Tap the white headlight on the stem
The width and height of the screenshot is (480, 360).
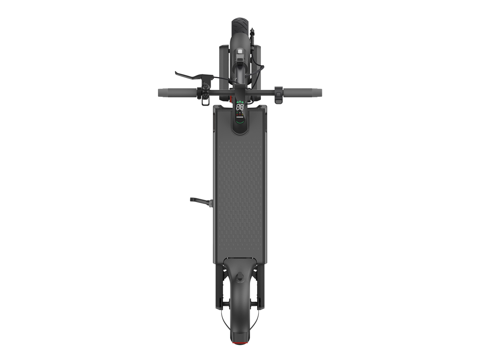pos(240,52)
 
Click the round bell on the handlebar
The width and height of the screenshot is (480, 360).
pos(206,87)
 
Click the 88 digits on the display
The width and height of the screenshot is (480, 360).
pos(240,107)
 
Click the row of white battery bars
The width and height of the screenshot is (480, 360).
pos(240,117)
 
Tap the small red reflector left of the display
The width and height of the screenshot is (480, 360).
pos(231,99)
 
